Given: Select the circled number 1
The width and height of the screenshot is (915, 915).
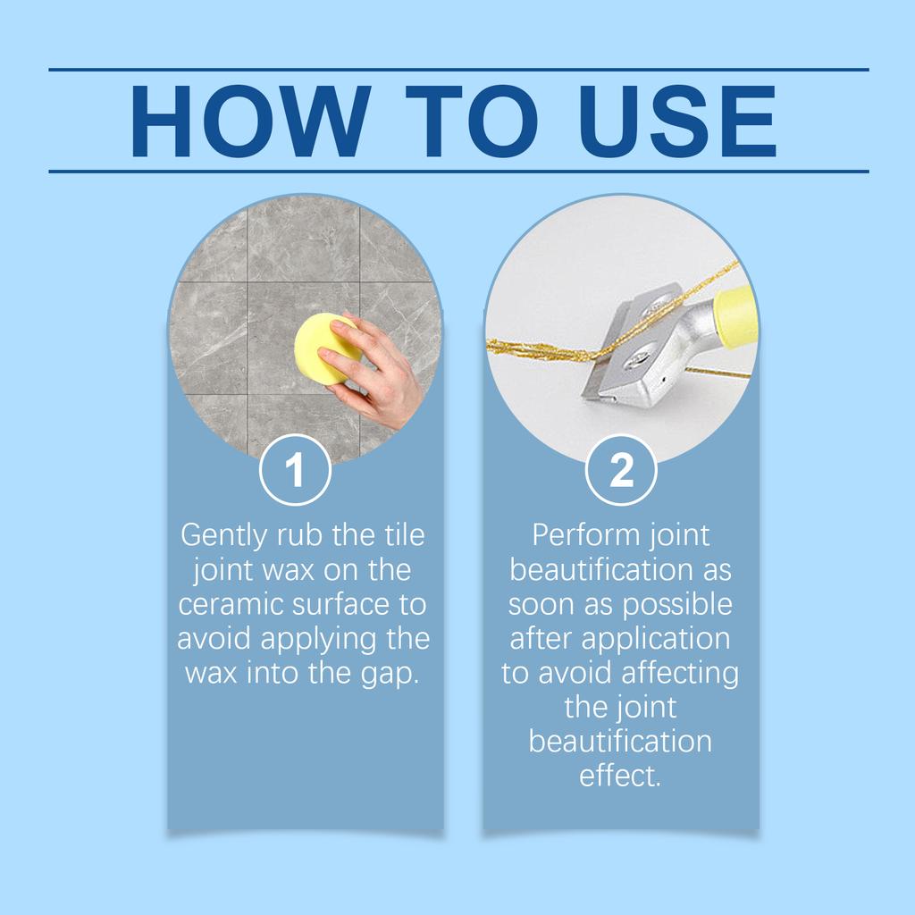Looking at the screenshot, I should tap(295, 471).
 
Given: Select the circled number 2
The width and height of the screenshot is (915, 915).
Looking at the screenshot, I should tap(621, 471).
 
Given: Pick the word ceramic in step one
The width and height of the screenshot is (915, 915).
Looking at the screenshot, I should tap(231, 605).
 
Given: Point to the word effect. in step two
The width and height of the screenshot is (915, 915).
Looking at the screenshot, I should tap(620, 775).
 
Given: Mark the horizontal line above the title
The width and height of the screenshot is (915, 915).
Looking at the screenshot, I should tap(457, 69).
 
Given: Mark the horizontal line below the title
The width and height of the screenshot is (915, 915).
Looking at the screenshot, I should tap(457, 171).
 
